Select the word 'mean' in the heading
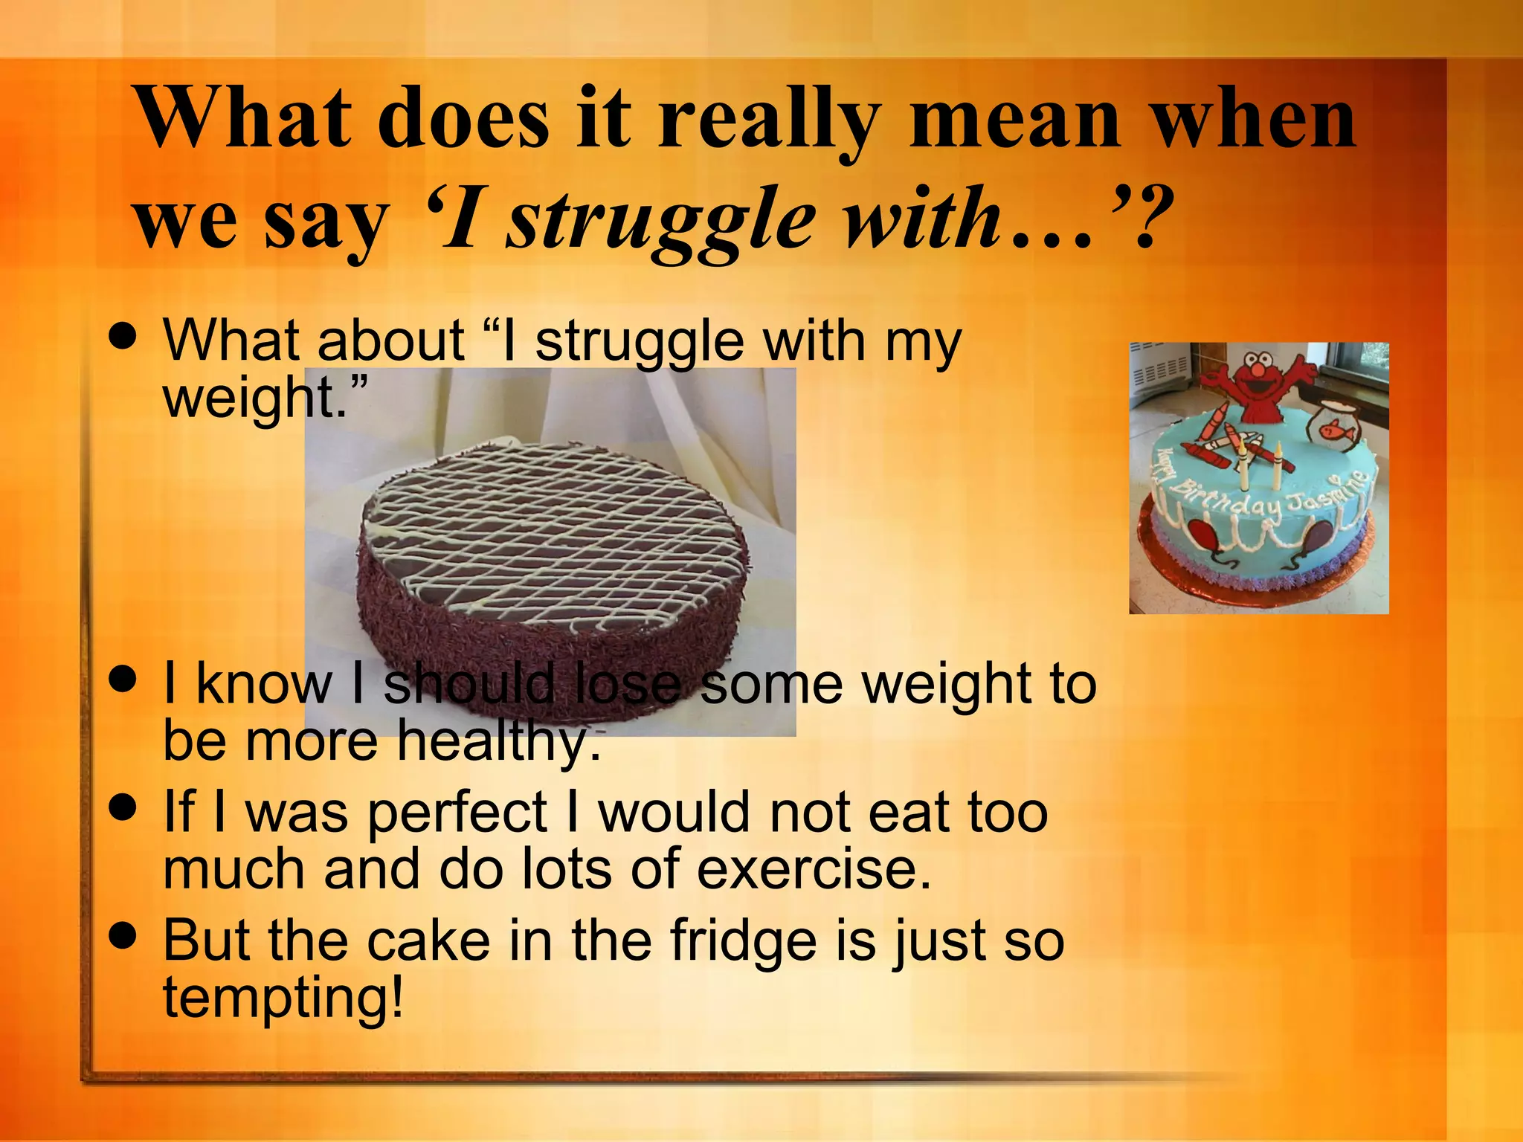(1015, 119)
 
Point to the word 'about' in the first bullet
(391, 341)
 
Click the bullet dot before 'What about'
(123, 335)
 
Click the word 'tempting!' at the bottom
(283, 998)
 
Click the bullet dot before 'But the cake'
(123, 935)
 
